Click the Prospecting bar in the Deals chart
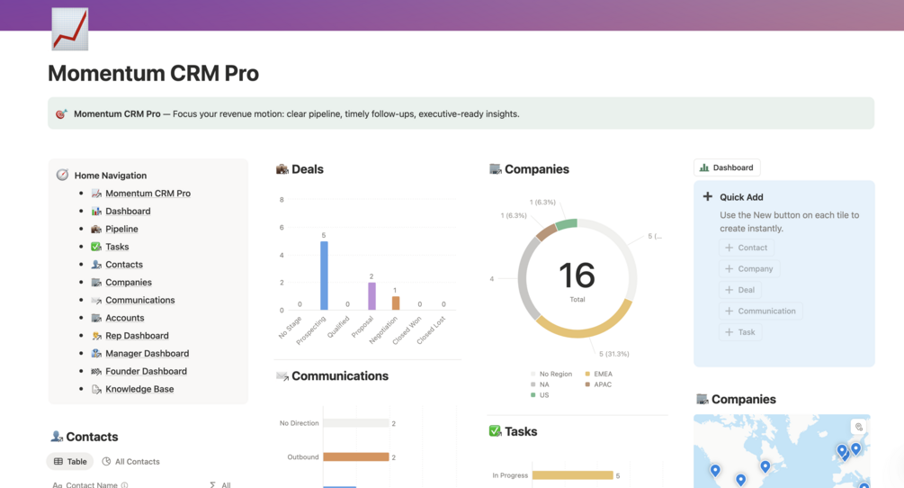click(x=324, y=276)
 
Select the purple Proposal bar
click(x=371, y=296)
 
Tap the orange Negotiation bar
click(x=396, y=303)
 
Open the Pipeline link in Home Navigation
click(x=121, y=229)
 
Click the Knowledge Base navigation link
click(x=139, y=389)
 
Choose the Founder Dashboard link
click(x=146, y=371)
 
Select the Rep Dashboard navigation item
click(x=137, y=336)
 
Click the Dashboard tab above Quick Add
click(x=727, y=167)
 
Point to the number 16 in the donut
click(x=577, y=275)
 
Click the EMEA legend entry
click(x=602, y=374)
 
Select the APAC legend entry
click(x=602, y=384)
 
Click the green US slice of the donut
click(x=566, y=224)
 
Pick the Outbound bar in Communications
click(x=355, y=457)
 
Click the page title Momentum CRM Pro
click(x=153, y=73)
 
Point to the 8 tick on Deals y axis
click(x=282, y=200)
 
